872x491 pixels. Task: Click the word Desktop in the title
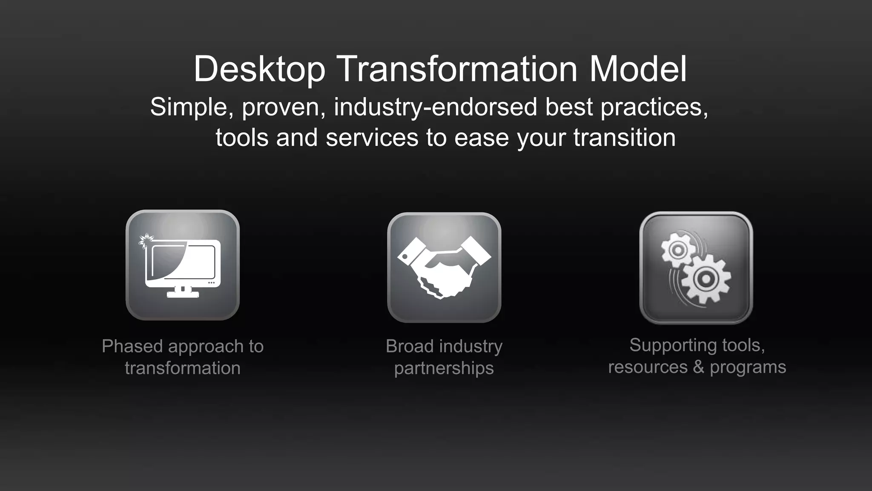pyautogui.click(x=259, y=69)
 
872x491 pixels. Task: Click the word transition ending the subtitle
pyautogui.click(x=624, y=138)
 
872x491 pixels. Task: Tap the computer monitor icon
pyautogui.click(x=183, y=265)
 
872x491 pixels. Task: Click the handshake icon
pyautogui.click(x=444, y=267)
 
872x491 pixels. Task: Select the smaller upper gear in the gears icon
pyautogui.click(x=676, y=250)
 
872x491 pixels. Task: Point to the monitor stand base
pyautogui.click(x=183, y=294)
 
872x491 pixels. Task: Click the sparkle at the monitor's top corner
pyautogui.click(x=146, y=241)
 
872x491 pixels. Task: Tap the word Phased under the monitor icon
pyautogui.click(x=132, y=347)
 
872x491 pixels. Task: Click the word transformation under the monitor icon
pyautogui.click(x=183, y=368)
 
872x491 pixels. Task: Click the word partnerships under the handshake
pyautogui.click(x=444, y=368)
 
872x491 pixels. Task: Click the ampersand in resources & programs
pyautogui.click(x=698, y=367)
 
